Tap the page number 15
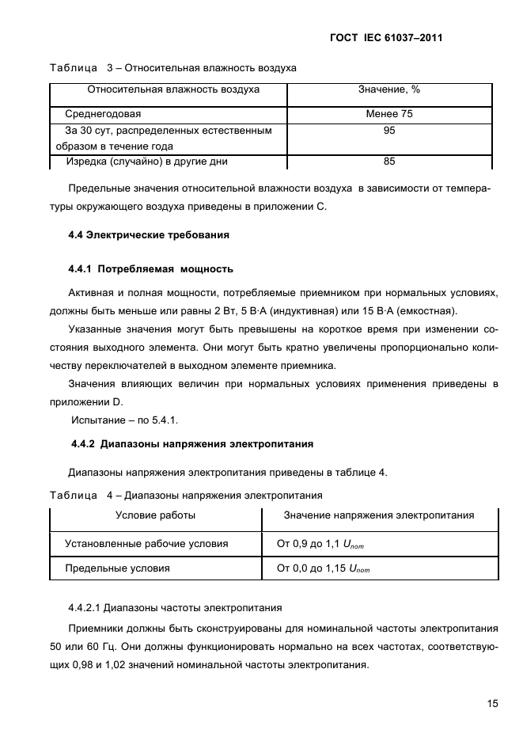click(492, 703)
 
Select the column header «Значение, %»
click(388, 90)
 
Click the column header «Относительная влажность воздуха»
click(173, 90)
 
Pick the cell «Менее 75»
click(388, 114)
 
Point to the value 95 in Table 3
click(388, 131)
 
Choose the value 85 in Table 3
click(388, 161)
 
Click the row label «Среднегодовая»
click(103, 114)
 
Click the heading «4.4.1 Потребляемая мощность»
click(150, 269)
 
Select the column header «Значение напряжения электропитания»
click(379, 515)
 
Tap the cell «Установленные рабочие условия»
click(146, 543)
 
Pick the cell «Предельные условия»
click(117, 568)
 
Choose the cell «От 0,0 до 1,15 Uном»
click(323, 568)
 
